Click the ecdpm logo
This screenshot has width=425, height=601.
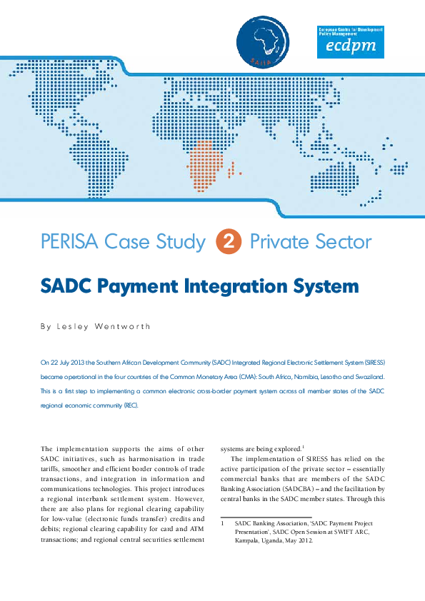[350, 41]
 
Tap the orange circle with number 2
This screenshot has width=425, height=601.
[227, 242]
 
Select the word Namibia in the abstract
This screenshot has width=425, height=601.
[294, 378]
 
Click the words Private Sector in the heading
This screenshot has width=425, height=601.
[311, 242]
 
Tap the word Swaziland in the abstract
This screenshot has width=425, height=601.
[368, 378]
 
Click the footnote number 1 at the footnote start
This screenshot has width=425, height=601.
[223, 523]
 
